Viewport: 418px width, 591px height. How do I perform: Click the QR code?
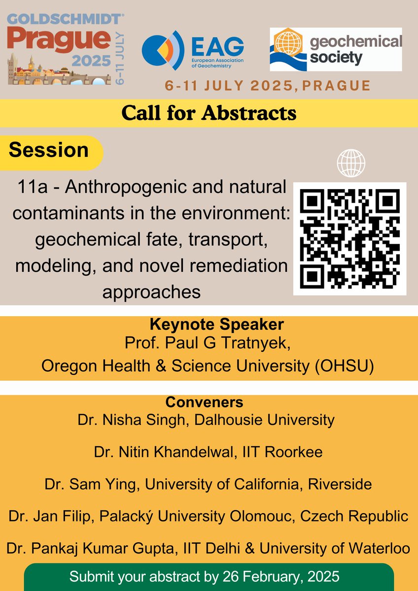point(350,239)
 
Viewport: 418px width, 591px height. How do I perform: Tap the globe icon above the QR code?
point(350,163)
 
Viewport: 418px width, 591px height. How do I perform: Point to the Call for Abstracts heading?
point(209,113)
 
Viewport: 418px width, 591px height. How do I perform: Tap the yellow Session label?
point(49,150)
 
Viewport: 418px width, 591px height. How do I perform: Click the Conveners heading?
point(205,402)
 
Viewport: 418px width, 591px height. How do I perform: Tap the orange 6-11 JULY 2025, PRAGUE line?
point(268,85)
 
